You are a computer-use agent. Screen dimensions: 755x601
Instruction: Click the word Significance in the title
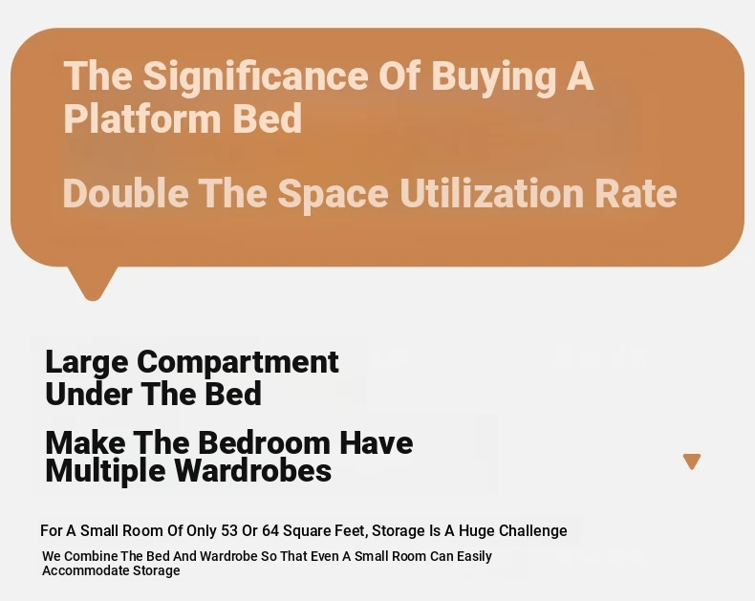coord(256,77)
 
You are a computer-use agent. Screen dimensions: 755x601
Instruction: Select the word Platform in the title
coord(143,118)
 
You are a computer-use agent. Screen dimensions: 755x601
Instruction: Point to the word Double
coord(125,193)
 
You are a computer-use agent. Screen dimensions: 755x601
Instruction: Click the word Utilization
coord(492,193)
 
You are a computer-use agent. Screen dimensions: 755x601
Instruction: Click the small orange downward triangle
coord(692,461)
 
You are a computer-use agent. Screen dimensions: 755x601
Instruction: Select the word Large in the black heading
coord(87,363)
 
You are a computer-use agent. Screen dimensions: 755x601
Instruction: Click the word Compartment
coord(238,363)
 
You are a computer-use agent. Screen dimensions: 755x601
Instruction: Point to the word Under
coord(89,394)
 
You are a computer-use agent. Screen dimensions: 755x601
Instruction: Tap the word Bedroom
coord(265,442)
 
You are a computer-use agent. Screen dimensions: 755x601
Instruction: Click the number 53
coord(229,530)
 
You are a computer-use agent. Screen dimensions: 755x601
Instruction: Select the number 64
coord(270,530)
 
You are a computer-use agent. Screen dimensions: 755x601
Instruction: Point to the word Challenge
coord(533,531)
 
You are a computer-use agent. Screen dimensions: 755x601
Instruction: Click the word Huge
coord(477,531)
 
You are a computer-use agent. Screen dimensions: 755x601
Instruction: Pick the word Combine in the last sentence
coord(91,556)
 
